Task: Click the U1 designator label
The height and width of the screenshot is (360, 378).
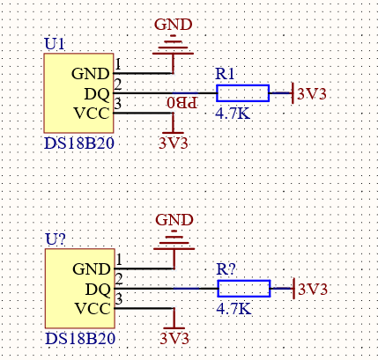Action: click(55, 44)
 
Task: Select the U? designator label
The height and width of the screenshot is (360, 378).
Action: click(56, 239)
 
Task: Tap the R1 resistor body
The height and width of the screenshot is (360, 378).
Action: click(243, 93)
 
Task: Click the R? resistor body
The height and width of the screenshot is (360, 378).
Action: click(244, 289)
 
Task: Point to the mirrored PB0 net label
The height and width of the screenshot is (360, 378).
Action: click(182, 103)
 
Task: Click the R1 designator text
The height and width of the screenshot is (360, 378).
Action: click(225, 74)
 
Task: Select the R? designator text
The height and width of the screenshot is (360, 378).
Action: click(226, 268)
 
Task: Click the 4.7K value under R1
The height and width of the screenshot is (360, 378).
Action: click(233, 114)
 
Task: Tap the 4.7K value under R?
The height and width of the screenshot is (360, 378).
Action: click(233, 309)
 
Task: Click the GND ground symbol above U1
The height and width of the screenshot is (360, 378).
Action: click(173, 45)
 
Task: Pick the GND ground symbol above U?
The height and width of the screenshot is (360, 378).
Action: click(174, 240)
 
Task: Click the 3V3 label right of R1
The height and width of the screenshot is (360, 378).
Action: click(312, 94)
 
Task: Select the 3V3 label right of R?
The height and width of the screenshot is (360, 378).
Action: click(313, 290)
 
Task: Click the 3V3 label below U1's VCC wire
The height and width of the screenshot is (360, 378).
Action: click(174, 143)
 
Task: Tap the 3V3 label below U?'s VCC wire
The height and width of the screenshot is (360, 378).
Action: click(174, 339)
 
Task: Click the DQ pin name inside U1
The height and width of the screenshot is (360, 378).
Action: click(97, 94)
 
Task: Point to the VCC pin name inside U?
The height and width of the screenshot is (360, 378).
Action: click(93, 309)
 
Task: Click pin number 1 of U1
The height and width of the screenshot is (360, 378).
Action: click(118, 64)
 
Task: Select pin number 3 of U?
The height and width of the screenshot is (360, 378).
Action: click(119, 299)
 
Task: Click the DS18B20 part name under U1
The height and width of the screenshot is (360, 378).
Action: click(79, 143)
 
